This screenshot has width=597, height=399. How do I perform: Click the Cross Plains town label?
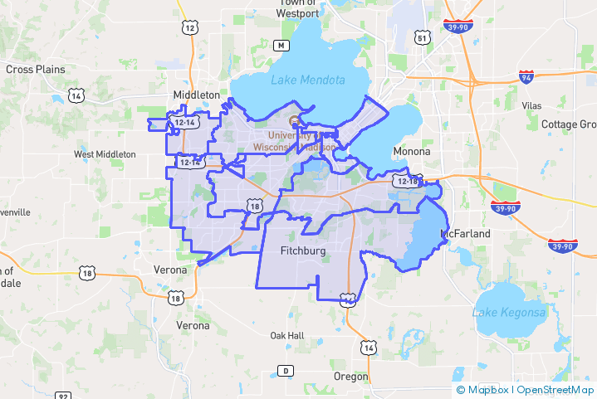tap(36, 70)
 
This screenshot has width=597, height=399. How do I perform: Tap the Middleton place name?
tap(197, 95)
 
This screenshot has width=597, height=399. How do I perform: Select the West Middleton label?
tap(105, 154)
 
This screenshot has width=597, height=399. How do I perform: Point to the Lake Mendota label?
tap(307, 80)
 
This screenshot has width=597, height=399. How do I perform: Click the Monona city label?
tap(412, 152)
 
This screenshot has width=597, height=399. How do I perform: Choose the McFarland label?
tap(466, 234)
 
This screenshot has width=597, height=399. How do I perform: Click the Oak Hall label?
tap(287, 336)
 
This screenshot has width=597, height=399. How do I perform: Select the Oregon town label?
tap(350, 377)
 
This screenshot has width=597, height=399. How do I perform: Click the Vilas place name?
tap(531, 106)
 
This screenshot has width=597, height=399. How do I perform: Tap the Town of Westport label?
tap(298, 8)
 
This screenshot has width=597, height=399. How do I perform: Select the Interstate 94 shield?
tap(526, 77)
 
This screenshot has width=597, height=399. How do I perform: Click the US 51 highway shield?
tap(423, 38)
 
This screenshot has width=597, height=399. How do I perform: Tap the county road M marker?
tap(282, 45)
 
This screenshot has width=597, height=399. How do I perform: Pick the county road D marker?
tap(286, 370)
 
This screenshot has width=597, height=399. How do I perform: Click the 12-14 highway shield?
tap(184, 123)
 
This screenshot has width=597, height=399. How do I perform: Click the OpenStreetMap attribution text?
tap(555, 389)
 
